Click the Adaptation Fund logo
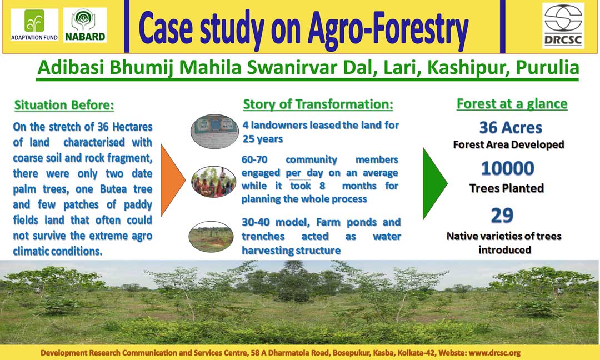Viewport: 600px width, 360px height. click(x=34, y=25)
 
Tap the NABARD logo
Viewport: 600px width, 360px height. click(x=85, y=25)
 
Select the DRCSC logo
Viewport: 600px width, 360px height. click(x=563, y=26)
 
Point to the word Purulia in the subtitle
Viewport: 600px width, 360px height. click(x=547, y=68)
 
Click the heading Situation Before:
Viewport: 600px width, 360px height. click(x=64, y=105)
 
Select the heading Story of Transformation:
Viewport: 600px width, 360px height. click(x=318, y=104)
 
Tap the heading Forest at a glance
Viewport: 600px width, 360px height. click(x=512, y=104)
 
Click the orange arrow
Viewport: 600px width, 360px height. click(x=173, y=180)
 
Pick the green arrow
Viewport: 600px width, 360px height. click(x=434, y=183)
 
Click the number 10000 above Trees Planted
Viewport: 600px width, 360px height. click(x=507, y=168)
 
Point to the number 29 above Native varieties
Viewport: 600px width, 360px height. click(x=502, y=216)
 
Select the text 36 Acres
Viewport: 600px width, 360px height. click(x=511, y=127)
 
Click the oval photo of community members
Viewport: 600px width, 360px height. click(x=213, y=182)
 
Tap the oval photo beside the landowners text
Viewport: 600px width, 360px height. click(x=214, y=131)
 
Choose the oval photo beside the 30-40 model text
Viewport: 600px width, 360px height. click(x=211, y=237)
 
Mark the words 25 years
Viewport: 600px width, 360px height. click(x=262, y=139)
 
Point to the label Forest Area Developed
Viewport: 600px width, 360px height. click(x=508, y=144)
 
